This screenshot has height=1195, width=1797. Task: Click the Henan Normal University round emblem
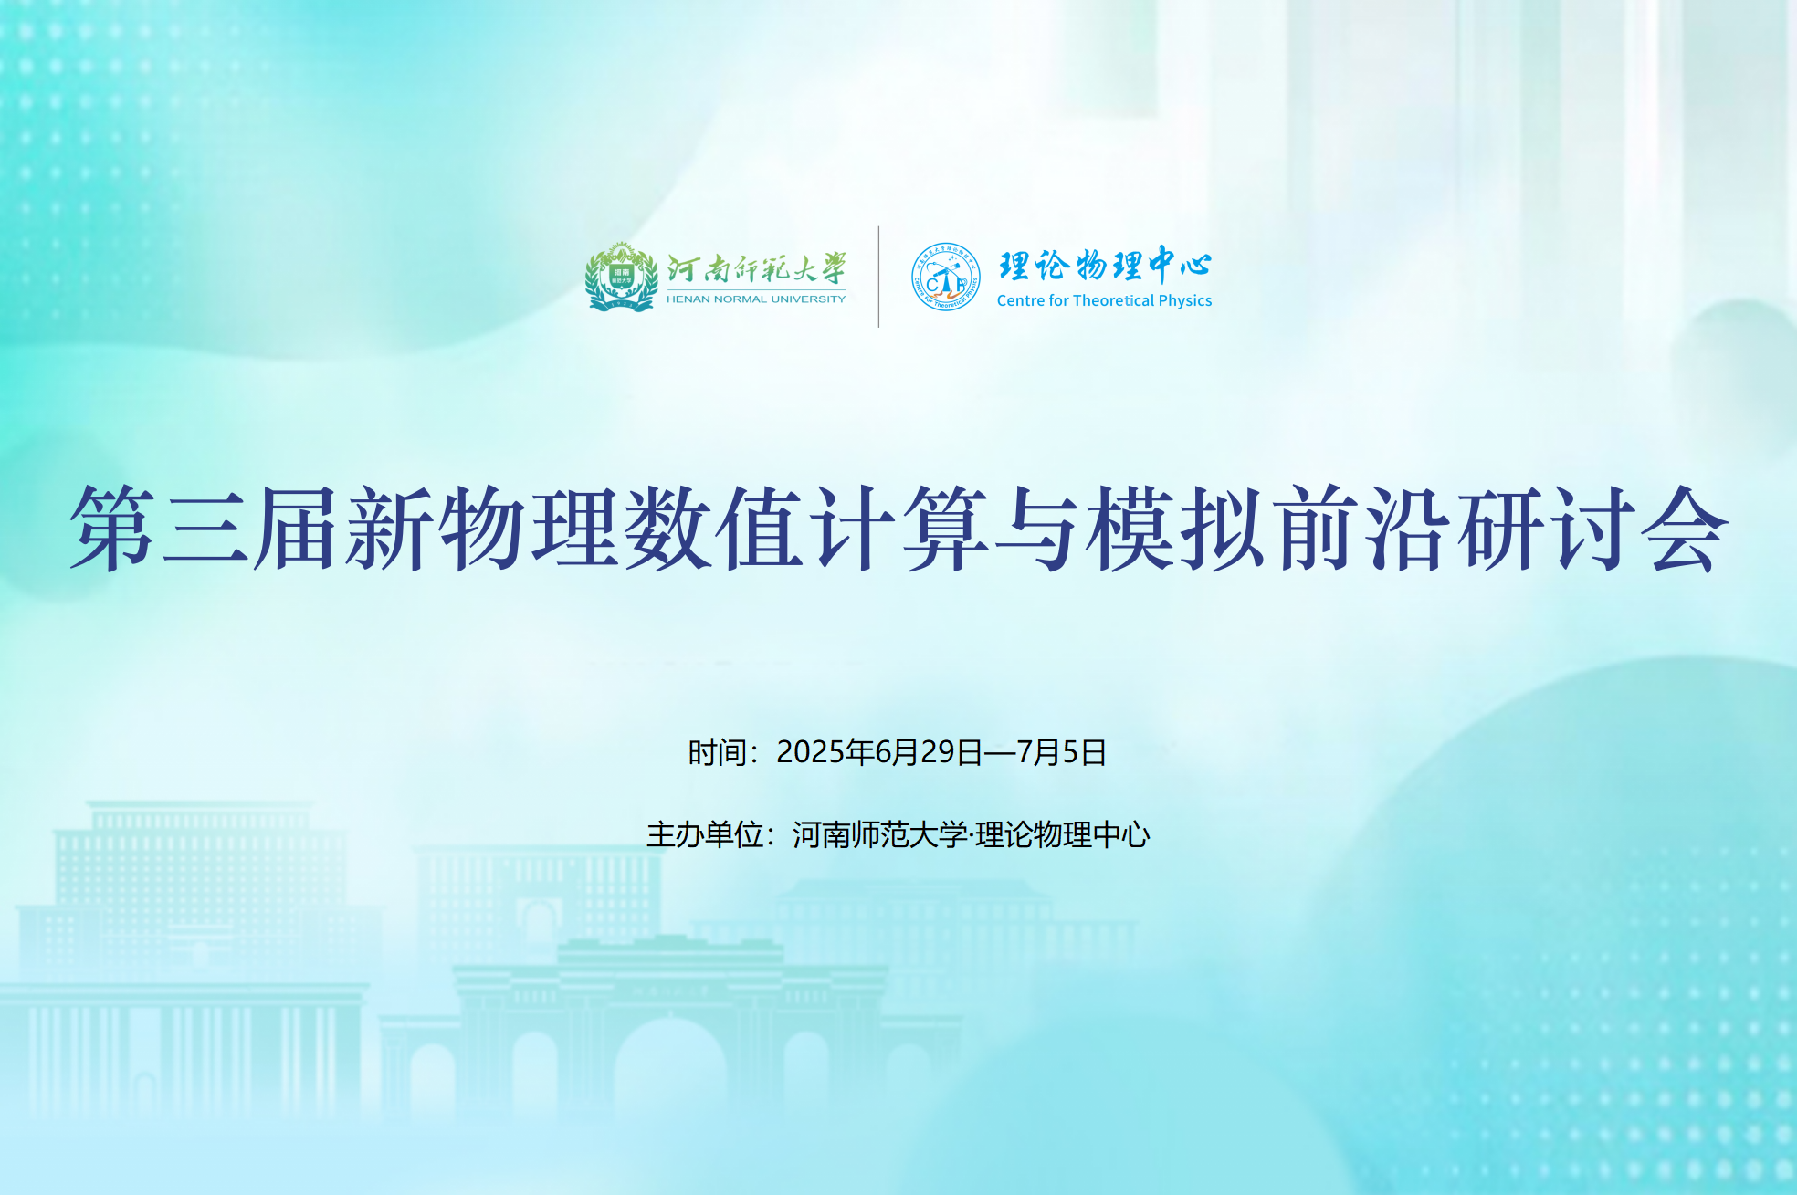pos(622,278)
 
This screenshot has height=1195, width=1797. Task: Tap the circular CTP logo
pos(946,277)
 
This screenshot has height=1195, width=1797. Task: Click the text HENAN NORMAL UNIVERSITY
pos(756,299)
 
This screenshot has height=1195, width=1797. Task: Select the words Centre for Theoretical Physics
pos(1104,300)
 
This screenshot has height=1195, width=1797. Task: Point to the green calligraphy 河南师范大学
pos(756,268)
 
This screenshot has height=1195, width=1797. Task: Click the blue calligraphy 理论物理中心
pos(1105,265)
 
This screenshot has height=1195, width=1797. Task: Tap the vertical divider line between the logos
pos(878,277)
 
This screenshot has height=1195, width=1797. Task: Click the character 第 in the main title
pos(113,529)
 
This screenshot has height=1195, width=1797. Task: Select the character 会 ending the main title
pos(1685,529)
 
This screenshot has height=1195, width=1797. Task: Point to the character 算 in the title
pos(945,529)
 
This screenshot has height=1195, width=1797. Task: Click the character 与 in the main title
pos(1038,529)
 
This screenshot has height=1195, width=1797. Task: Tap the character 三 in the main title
pos(205,529)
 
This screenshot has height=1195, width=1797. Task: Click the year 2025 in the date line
pos(811,752)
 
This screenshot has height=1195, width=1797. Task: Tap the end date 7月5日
pos(1062,752)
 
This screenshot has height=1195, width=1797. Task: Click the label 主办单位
pos(705,834)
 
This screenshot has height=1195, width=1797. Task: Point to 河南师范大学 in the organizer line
pos(880,834)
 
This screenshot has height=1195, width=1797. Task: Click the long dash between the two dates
pos(1000,752)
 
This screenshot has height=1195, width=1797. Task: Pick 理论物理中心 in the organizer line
pos(1063,834)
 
